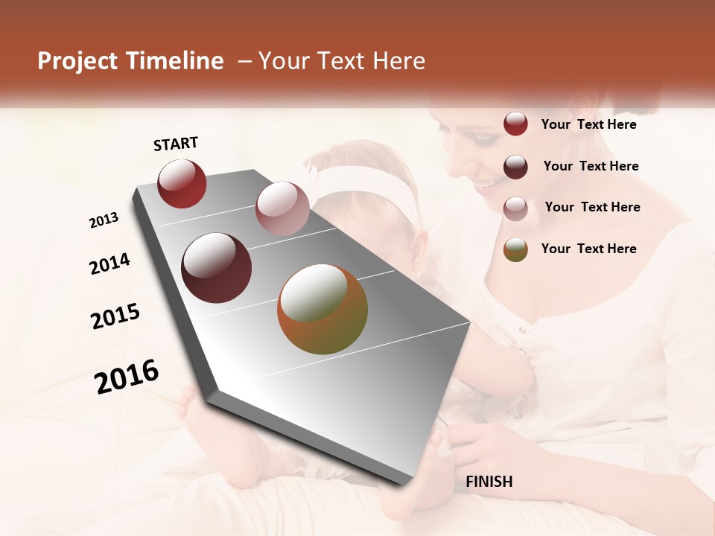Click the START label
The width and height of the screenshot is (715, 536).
tap(176, 144)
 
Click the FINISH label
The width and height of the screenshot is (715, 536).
tap(489, 482)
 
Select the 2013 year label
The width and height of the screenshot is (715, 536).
tap(104, 220)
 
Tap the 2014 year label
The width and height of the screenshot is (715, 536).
tap(109, 264)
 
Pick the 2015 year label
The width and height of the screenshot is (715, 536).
tap(115, 316)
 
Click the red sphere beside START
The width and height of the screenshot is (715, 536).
tap(182, 183)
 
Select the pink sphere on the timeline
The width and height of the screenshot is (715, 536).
tap(282, 208)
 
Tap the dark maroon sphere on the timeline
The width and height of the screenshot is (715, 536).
tap(216, 268)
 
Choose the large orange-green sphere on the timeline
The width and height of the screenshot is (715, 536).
tap(322, 308)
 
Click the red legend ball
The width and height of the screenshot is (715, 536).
tap(515, 124)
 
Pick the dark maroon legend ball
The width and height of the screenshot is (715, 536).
tap(515, 166)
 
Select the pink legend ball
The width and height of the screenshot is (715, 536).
tap(515, 208)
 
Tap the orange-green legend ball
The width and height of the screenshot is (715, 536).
tap(515, 249)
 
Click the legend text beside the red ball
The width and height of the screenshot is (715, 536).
tap(588, 124)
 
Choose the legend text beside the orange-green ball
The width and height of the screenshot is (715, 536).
tap(588, 249)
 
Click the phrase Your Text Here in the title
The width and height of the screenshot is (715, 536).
tap(342, 61)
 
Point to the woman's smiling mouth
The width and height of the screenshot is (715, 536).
tap(489, 183)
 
